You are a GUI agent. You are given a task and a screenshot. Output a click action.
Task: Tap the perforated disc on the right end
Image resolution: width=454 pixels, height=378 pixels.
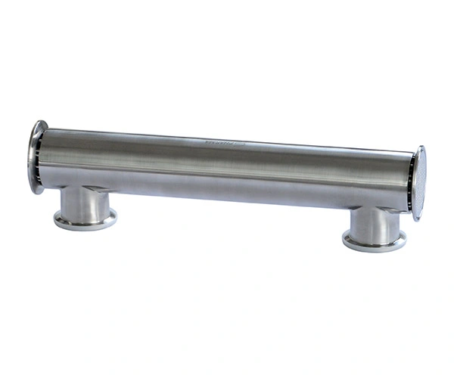pyautogui.click(x=418, y=183)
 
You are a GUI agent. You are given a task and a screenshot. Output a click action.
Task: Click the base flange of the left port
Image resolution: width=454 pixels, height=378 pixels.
pyautogui.click(x=85, y=220)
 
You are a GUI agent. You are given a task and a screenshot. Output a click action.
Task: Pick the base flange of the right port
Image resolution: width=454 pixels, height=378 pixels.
pyautogui.click(x=374, y=242)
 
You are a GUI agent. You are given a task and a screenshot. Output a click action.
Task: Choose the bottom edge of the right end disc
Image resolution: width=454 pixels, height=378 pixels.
pyautogui.click(x=417, y=220)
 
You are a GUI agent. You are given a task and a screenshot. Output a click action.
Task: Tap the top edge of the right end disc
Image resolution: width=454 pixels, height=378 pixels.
pyautogui.click(x=420, y=147)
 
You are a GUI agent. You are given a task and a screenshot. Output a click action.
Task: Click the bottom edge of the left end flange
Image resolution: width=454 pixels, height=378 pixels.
pyautogui.click(x=35, y=194)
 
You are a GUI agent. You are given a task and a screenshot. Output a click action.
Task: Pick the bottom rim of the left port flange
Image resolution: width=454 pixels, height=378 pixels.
pyautogui.click(x=85, y=228)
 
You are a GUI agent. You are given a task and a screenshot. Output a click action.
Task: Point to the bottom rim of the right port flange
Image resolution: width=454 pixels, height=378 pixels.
pyautogui.click(x=374, y=251)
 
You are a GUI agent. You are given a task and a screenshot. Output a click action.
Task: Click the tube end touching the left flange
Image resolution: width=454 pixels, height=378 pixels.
pyautogui.click(x=45, y=159)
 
